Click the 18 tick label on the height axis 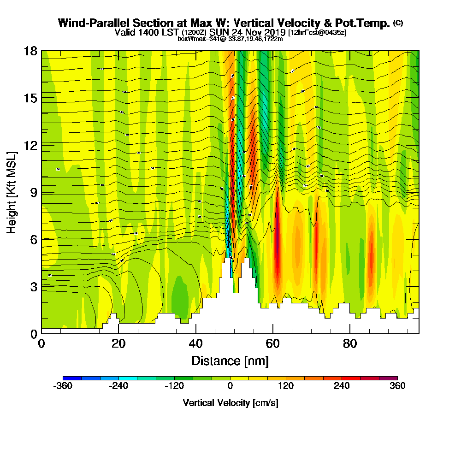click(x=31, y=51)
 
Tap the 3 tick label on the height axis click(x=34, y=286)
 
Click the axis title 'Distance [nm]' click(x=230, y=361)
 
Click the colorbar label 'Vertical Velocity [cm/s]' click(x=230, y=403)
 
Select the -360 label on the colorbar click(x=63, y=386)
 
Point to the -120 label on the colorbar click(x=174, y=386)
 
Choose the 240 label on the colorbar click(x=342, y=386)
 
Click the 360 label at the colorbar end click(x=397, y=386)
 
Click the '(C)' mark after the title click(x=398, y=23)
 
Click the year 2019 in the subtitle click(x=274, y=32)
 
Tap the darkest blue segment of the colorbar click(x=72, y=378)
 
